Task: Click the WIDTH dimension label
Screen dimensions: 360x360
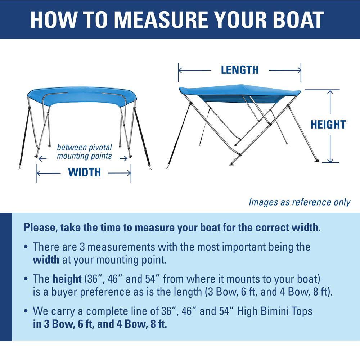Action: pos(85,173)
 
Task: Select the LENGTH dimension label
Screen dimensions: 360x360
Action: pos(240,70)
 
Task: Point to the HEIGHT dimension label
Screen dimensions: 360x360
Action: pos(328,125)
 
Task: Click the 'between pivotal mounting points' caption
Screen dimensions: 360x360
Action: pos(85,152)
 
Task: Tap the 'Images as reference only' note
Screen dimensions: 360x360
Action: pos(299,202)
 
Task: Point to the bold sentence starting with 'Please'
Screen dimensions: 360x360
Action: pos(172,228)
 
